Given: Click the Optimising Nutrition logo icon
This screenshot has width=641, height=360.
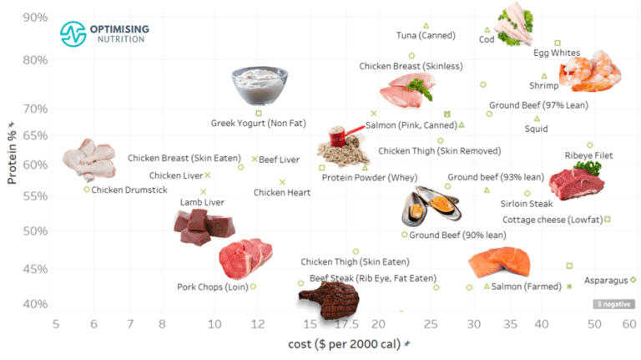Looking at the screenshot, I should pyautogui.click(x=73, y=33).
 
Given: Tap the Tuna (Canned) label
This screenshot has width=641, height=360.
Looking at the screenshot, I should pyautogui.click(x=426, y=35).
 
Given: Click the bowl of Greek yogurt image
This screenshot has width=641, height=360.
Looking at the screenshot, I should pyautogui.click(x=260, y=84).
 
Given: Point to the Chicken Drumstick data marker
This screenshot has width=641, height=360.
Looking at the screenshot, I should pyautogui.click(x=87, y=190).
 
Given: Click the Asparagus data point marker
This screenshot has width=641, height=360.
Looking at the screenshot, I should pyautogui.click(x=633, y=280).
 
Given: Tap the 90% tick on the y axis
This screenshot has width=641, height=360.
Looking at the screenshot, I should pyautogui.click(x=34, y=18).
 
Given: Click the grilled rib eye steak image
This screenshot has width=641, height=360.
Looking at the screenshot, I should pyautogui.click(x=328, y=299).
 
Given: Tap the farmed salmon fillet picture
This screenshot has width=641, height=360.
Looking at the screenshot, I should pyautogui.click(x=499, y=262).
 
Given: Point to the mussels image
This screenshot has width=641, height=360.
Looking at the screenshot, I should pyautogui.click(x=431, y=209).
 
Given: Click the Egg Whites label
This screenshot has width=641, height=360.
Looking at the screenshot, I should pyautogui.click(x=557, y=53).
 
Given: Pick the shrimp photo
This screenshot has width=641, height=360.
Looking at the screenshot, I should pyautogui.click(x=590, y=70).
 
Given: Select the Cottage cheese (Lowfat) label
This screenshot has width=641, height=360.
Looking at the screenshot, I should pyautogui.click(x=552, y=220).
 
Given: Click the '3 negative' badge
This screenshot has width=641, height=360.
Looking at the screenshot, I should pyautogui.click(x=613, y=304).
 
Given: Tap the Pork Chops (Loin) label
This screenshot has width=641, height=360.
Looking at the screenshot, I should pyautogui.click(x=211, y=286).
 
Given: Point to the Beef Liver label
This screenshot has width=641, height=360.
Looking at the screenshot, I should pyautogui.click(x=279, y=159).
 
